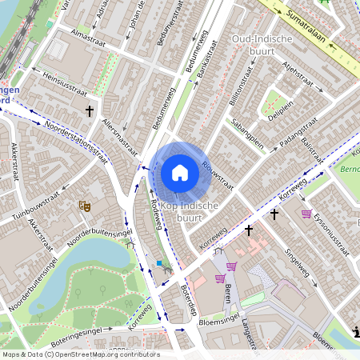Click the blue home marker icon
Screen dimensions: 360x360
tap(180, 173)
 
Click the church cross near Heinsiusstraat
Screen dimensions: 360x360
tap(90, 110)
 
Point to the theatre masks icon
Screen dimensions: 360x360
tap(84, 206)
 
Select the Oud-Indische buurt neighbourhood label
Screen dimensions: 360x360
tap(262, 46)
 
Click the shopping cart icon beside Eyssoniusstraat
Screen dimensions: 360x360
tap(306, 214)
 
